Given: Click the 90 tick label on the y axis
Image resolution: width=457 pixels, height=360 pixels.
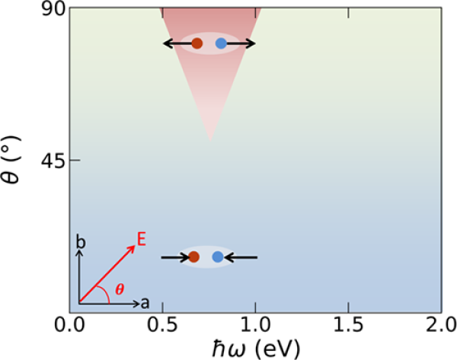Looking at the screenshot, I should tap(51, 8).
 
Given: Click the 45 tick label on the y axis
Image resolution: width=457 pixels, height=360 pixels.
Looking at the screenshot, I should tap(51, 161).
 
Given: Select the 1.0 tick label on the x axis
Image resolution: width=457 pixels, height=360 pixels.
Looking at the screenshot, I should tap(256, 327).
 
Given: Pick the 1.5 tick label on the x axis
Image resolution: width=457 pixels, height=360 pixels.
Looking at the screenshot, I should tap(349, 327).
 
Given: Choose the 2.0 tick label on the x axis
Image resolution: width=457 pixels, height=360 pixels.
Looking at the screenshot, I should tap(441, 327).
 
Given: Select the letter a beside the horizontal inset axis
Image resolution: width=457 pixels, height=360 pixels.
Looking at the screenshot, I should tap(145, 303).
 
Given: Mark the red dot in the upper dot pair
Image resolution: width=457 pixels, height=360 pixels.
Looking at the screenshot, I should tap(197, 44).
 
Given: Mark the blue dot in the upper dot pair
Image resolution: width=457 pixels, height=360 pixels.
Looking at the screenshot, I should tap(221, 44).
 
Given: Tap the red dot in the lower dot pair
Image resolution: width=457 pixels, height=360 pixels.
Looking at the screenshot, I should tap(193, 257).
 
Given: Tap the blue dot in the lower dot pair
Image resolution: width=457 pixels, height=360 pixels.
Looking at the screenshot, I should tap(218, 257).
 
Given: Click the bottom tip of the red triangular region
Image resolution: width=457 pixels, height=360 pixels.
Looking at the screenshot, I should tap(210, 141).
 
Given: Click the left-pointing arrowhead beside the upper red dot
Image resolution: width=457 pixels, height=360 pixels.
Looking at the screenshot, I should tap(167, 44).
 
